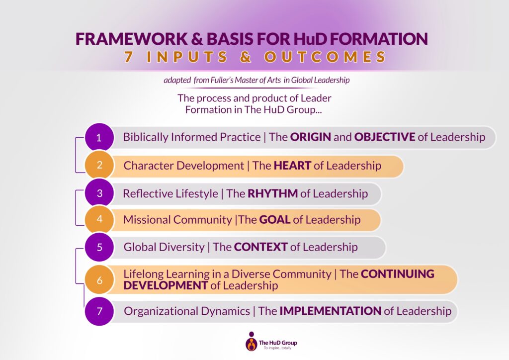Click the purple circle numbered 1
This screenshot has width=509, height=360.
[99, 137]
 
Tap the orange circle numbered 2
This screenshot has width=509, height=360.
[99, 165]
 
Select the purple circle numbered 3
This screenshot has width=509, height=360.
[99, 193]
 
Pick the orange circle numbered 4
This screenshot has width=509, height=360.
[99, 219]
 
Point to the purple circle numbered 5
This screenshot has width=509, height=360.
[99, 247]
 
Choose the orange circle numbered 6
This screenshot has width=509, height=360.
[99, 280]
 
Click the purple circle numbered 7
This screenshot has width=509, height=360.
[99, 311]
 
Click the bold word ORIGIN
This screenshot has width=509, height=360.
[310, 137]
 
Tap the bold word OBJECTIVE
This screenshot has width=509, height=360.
[385, 137]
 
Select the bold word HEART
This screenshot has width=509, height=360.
[292, 166]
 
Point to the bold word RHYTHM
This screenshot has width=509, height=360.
[273, 193]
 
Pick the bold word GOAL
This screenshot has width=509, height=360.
[274, 220]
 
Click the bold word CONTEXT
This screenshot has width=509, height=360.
[260, 247]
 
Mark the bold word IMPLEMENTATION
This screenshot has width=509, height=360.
[331, 311]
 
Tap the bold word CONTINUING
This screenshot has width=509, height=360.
[398, 274]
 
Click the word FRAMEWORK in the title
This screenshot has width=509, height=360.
[132, 39]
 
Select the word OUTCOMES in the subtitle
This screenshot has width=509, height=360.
[325, 57]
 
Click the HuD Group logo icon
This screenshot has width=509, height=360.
[251, 342]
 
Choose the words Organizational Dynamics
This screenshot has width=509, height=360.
[187, 311]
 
